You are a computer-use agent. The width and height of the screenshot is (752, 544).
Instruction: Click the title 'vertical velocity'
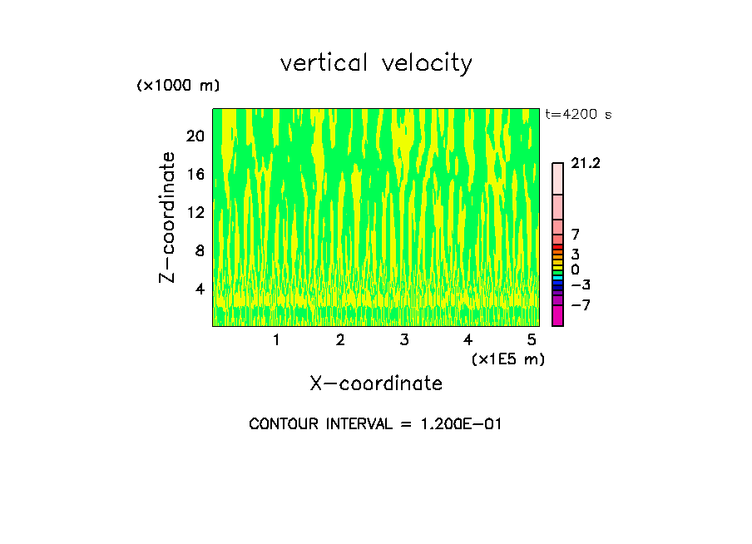376,63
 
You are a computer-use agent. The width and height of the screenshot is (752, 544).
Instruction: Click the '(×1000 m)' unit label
177,87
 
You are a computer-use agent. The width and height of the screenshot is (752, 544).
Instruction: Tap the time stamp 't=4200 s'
578,115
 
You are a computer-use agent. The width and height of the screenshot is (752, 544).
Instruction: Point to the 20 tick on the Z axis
195,136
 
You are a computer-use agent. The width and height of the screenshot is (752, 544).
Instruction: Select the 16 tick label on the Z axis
195,174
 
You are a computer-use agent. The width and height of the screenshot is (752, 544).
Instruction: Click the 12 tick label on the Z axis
195,212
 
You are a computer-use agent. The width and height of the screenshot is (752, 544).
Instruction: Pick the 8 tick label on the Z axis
200,250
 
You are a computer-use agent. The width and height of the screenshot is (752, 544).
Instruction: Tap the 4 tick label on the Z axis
200,289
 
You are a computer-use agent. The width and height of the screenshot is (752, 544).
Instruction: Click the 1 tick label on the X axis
276,340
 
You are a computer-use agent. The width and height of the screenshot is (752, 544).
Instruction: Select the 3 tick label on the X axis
403,340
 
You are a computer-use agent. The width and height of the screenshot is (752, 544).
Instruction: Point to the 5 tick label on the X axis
532,340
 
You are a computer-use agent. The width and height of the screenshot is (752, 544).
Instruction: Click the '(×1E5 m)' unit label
507,359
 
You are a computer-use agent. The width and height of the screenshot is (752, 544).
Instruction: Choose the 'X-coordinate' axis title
376,383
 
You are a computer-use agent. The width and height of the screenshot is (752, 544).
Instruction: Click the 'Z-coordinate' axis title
168,217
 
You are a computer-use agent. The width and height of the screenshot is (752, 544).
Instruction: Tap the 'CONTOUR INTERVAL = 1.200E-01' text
375,424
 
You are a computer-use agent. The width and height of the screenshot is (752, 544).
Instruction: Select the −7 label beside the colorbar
581,305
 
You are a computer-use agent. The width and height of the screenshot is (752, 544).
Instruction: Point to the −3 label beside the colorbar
581,285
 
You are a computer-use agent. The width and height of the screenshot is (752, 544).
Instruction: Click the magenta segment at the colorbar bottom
557,316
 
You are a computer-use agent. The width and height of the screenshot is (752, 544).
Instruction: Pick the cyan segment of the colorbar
557,277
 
